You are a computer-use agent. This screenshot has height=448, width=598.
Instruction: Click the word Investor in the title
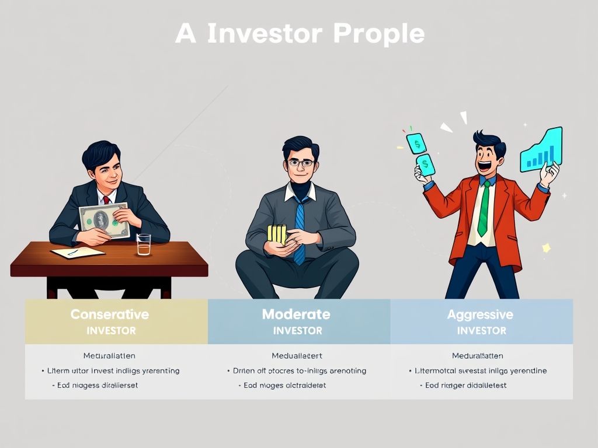click(265, 34)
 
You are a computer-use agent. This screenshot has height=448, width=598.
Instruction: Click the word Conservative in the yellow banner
click(110, 314)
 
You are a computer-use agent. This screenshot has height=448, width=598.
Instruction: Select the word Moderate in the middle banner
click(296, 314)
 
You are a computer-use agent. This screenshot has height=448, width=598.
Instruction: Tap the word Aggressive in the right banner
click(480, 314)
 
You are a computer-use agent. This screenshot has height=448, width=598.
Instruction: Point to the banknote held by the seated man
click(103, 220)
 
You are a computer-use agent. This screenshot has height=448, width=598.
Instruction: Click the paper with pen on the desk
click(78, 253)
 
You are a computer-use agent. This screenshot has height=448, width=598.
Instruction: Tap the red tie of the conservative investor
click(106, 200)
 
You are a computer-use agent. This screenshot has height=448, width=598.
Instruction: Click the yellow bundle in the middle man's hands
click(277, 234)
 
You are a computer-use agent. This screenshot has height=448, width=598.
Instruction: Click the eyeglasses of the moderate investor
click(300, 164)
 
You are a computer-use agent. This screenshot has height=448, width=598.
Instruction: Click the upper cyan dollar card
click(416, 143)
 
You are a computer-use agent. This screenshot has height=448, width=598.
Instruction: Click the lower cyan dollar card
click(425, 164)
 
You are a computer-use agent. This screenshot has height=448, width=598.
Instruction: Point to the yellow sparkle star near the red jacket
click(547, 248)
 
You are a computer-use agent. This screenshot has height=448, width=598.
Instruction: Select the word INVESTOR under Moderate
click(297, 331)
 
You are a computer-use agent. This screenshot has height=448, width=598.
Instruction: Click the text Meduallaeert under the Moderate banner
click(297, 355)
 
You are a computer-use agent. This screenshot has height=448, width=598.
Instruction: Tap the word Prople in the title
click(378, 34)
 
